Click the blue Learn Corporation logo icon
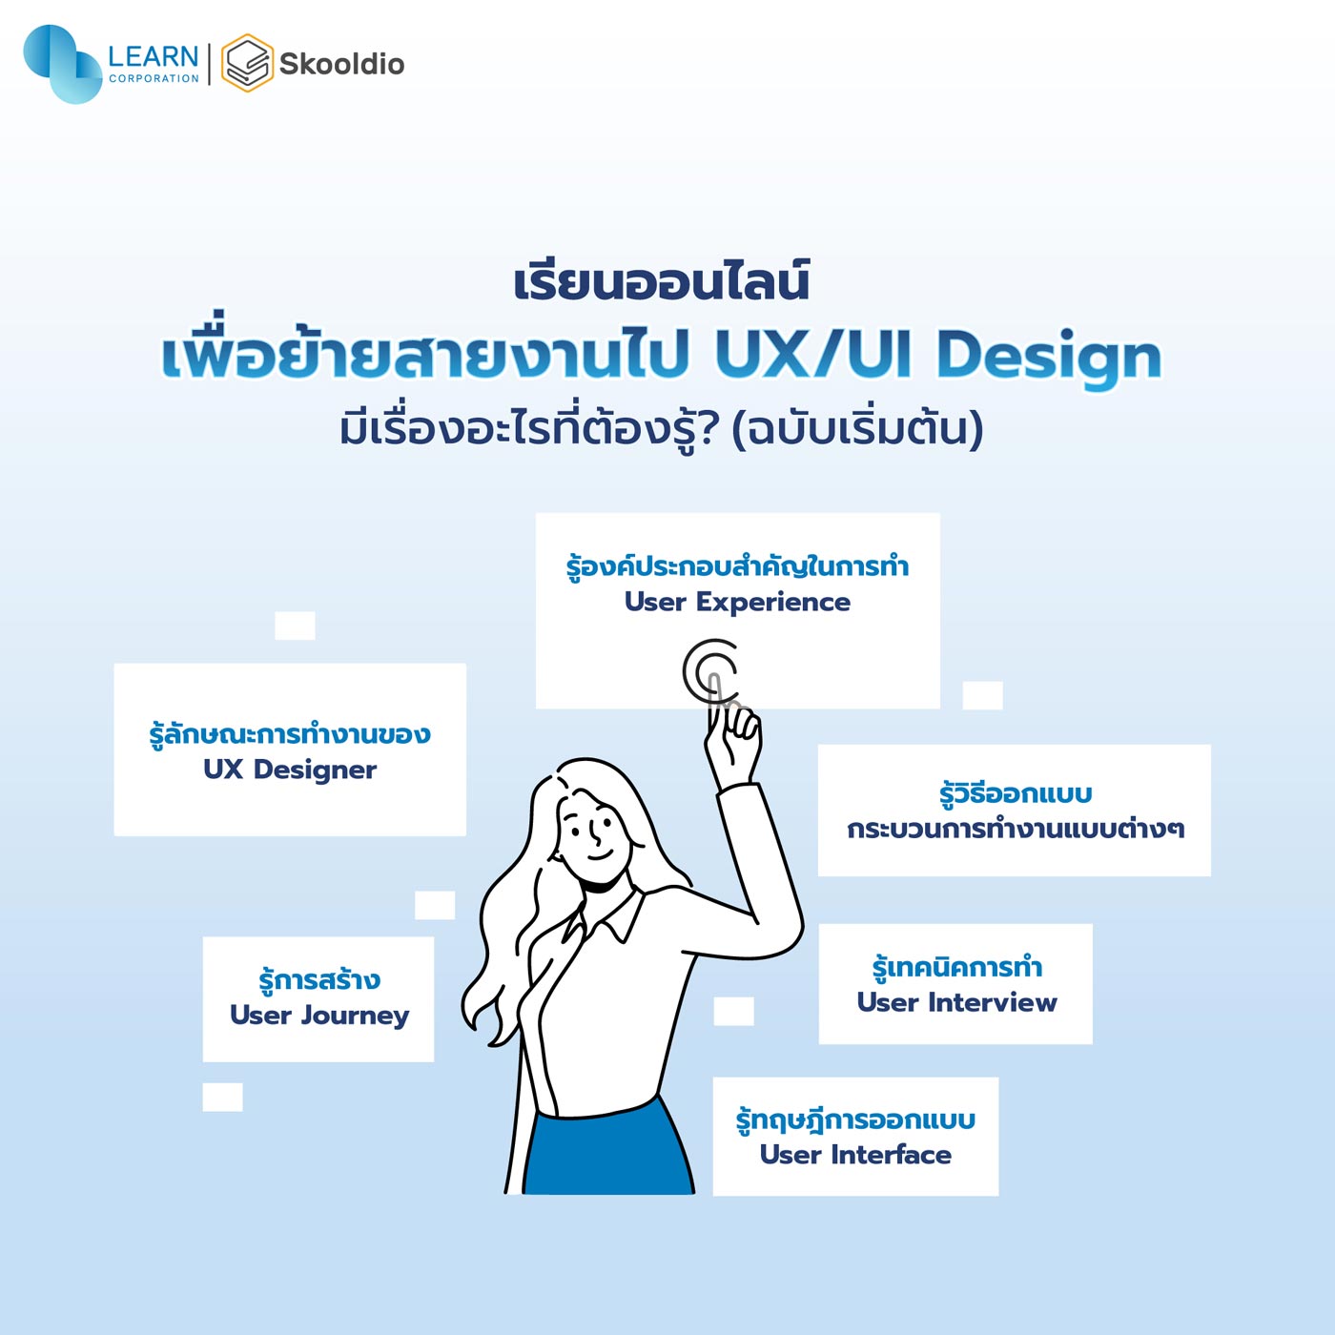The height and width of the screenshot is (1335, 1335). (x=62, y=64)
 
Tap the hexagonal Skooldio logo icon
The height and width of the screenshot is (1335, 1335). (x=247, y=63)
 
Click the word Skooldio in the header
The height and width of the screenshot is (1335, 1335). (x=341, y=64)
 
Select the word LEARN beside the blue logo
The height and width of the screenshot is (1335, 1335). (x=154, y=55)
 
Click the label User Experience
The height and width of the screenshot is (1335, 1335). (x=737, y=602)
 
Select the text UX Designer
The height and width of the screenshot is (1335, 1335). (x=290, y=770)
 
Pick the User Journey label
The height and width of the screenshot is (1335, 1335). (x=319, y=1016)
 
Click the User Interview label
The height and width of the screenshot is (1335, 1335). (x=956, y=1002)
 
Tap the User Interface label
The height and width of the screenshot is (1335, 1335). (x=855, y=1154)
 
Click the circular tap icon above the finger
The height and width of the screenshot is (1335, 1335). (x=709, y=671)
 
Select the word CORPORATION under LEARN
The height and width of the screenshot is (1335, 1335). (x=154, y=78)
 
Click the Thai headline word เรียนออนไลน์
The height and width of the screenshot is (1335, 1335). (x=661, y=282)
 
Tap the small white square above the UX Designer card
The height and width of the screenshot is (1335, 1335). (x=295, y=626)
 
